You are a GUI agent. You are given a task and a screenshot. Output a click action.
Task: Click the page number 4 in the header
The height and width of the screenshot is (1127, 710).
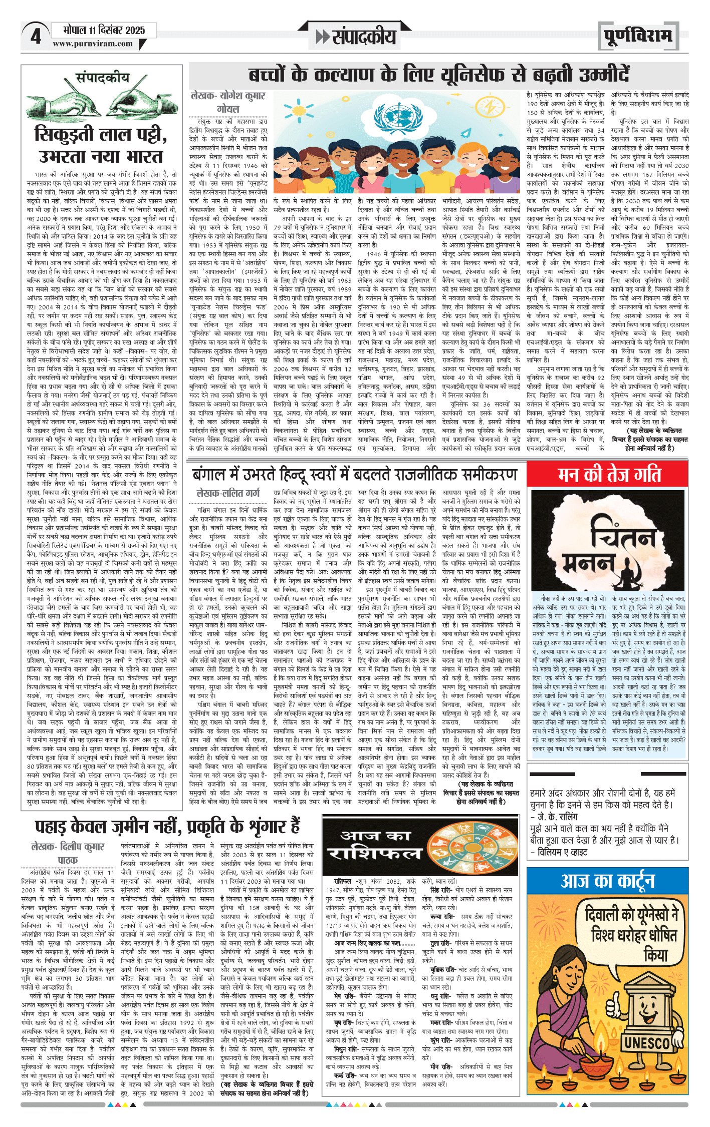tap(35, 37)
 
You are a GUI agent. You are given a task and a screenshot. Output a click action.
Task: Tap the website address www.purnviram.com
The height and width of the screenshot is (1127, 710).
tap(93, 44)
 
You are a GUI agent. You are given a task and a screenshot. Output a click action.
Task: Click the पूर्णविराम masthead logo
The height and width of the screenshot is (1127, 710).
tap(638, 36)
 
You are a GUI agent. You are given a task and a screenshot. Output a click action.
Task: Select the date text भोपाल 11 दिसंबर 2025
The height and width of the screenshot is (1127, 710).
tap(104, 30)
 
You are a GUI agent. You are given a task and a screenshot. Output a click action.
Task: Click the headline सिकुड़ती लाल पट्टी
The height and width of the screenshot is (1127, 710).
tap(101, 134)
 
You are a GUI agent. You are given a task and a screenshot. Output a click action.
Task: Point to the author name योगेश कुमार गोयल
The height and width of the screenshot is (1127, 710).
tap(228, 102)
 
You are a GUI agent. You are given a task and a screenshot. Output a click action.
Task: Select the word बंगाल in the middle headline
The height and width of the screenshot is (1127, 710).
tap(211, 474)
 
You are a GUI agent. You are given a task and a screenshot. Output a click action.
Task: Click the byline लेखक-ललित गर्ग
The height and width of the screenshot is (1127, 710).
tap(228, 493)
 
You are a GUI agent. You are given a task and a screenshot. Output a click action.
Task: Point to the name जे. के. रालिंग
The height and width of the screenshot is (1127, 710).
tap(557, 817)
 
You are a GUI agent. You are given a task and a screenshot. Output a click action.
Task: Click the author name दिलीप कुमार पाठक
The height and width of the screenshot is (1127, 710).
tap(68, 853)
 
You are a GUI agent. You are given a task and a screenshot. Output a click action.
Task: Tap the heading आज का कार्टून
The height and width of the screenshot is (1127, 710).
tap(607, 881)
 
